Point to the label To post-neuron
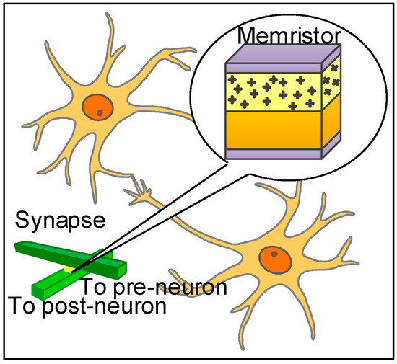tap(87, 306)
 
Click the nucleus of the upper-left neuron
tap(98, 107)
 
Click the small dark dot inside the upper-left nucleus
tap(100, 112)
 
